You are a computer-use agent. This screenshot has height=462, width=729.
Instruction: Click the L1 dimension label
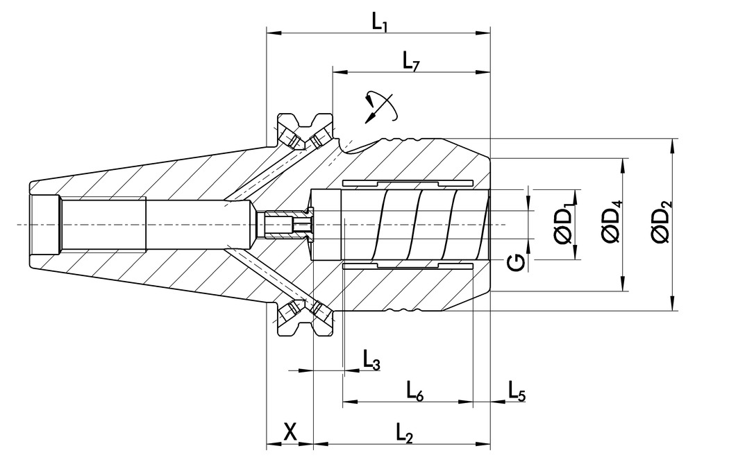coord(379,22)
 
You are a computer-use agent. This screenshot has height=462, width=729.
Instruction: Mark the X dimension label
coord(290,433)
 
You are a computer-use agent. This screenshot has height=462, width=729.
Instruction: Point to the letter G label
coord(514,263)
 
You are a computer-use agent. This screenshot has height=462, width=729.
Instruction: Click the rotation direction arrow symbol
coord(379,106)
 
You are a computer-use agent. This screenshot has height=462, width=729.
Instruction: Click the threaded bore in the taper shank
coord(104,224)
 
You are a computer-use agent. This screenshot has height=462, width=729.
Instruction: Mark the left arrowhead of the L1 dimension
coord(271,33)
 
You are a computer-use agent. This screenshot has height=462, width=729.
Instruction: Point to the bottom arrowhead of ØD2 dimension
coord(672,306)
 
